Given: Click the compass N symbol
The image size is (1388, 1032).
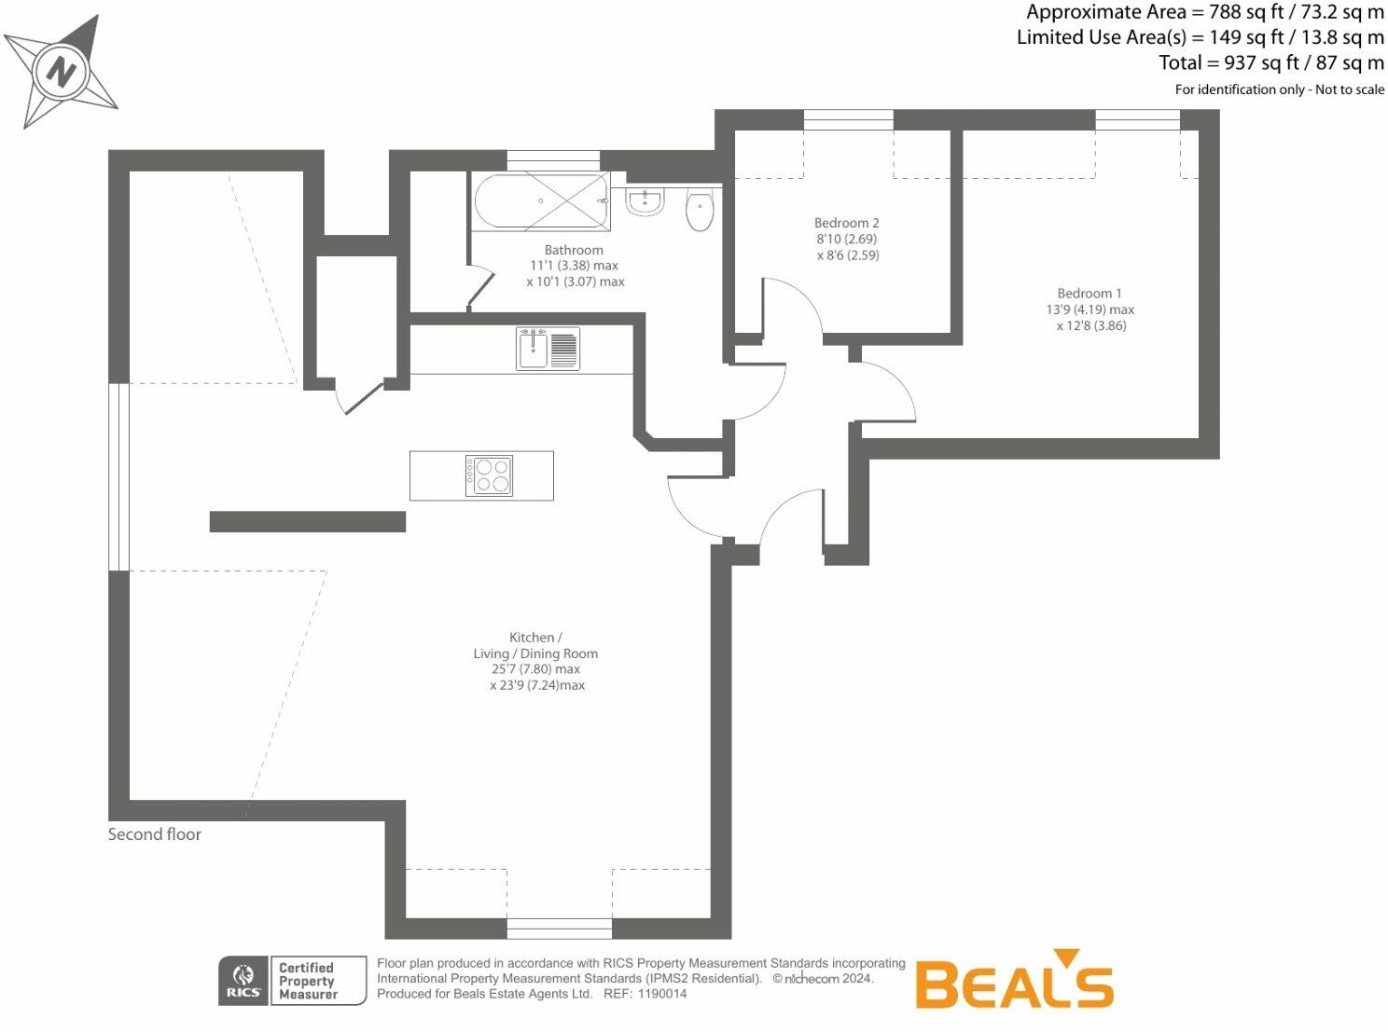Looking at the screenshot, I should [61, 72].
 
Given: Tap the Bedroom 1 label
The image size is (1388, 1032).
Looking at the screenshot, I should [1090, 294].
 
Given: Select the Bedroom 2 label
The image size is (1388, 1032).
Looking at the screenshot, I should [846, 223].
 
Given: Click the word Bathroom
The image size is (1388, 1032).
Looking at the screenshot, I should [574, 250].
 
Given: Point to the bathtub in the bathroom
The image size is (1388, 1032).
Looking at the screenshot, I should [540, 201].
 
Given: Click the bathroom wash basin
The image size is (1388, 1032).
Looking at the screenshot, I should [644, 200].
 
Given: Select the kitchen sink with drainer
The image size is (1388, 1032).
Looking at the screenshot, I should [548, 349].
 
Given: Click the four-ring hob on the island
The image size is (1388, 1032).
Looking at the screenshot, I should [489, 475].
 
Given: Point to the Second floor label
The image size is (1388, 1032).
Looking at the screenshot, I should [155, 834].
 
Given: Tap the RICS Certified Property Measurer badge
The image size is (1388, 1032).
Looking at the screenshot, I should [292, 981].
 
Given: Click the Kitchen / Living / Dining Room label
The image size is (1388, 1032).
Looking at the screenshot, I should [535, 645].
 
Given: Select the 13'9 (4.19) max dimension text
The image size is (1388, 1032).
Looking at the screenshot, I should [1090, 310].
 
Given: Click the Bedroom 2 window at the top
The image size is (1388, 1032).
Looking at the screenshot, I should [848, 119].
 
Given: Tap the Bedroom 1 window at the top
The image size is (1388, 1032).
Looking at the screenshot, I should [1137, 119].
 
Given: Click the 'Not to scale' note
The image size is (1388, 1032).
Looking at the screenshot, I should [1350, 89].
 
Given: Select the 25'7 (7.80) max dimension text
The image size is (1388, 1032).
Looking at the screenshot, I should [535, 669].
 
